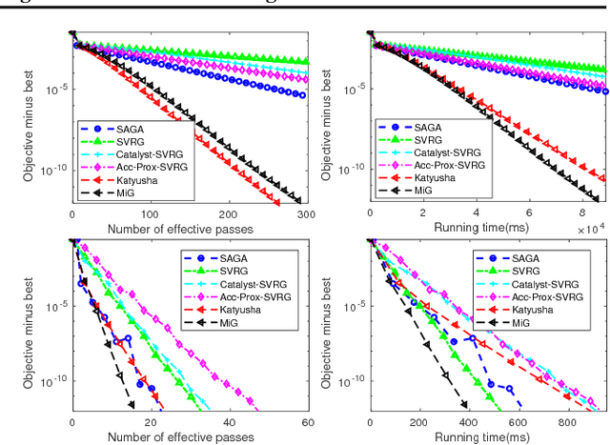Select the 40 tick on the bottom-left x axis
[229, 421]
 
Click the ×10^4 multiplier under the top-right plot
[589, 230]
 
